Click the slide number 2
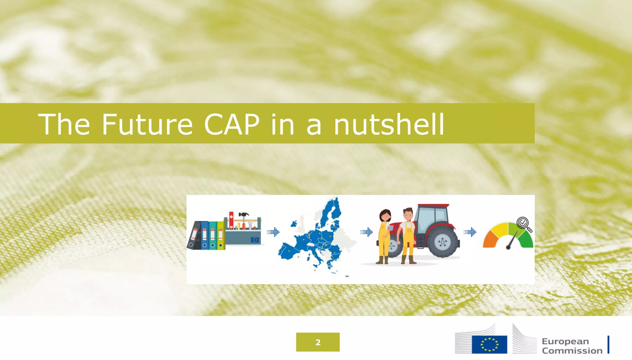click(x=318, y=342)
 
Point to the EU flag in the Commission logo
click(x=489, y=345)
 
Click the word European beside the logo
click(x=565, y=341)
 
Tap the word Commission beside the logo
click(x=572, y=351)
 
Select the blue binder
click(x=205, y=236)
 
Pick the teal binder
click(x=213, y=236)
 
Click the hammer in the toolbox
click(x=244, y=216)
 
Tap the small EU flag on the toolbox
click(x=255, y=240)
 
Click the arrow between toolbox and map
click(x=273, y=232)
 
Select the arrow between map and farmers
click(x=367, y=232)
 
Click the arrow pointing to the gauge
click(x=470, y=232)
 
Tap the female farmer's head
click(x=385, y=215)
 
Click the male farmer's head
click(x=408, y=214)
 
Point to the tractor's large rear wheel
click(x=443, y=242)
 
